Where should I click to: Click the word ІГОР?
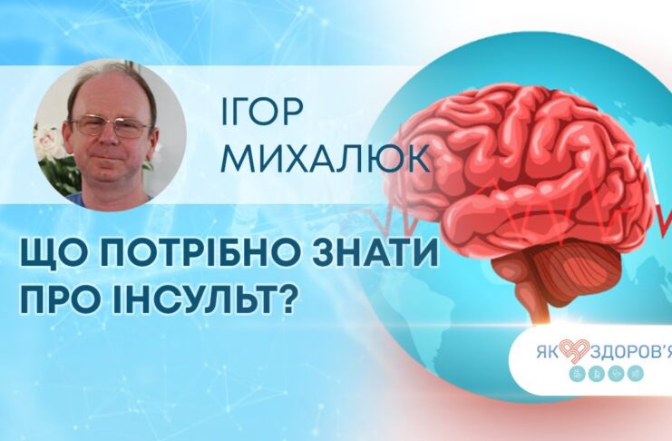[x=261, y=113]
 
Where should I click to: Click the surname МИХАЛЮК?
[x=327, y=158]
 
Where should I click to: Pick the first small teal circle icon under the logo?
[x=577, y=374]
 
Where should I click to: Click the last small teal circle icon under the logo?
[x=635, y=374]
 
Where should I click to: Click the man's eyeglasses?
[x=111, y=125]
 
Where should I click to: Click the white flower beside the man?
[x=48, y=141]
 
